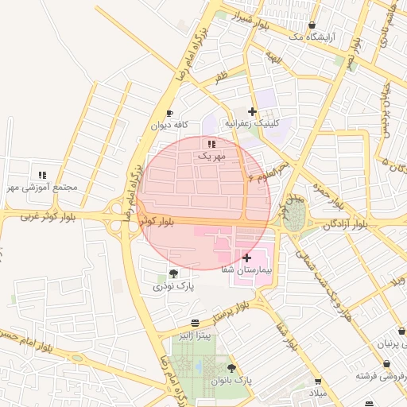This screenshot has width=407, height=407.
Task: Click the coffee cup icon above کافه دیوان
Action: point(169,114)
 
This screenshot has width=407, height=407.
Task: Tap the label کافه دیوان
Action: point(169,126)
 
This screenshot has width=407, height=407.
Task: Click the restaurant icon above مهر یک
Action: point(211,144)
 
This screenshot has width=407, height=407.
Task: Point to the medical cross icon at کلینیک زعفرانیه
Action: point(253,111)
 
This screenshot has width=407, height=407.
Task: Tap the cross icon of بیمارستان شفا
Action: point(246,258)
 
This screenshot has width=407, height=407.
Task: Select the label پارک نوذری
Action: point(173,285)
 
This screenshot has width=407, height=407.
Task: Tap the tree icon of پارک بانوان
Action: point(231,368)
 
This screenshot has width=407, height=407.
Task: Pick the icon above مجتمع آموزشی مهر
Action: point(42,175)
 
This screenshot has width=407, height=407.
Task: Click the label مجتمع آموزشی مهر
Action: point(42,188)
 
